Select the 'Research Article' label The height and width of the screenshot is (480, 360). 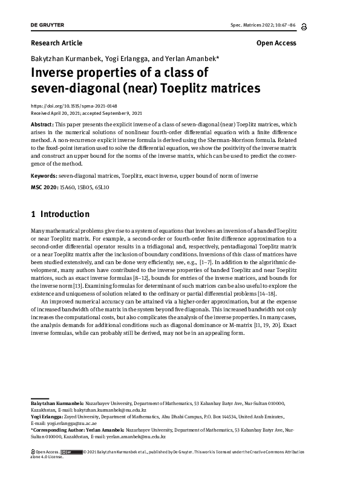coord(56,43)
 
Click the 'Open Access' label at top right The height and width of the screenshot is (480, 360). coord(276,43)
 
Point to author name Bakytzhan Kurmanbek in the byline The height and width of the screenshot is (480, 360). coord(63,59)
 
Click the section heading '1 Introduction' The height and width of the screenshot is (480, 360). coord(60,214)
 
